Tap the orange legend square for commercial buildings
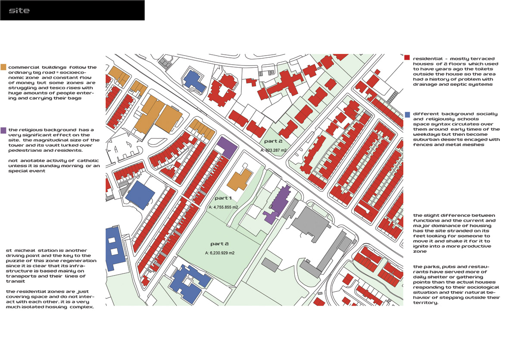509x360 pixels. click(x=3, y=67)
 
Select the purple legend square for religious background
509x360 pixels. click(x=3, y=130)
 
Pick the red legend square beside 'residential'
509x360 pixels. click(x=407, y=58)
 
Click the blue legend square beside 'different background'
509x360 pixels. click(x=407, y=115)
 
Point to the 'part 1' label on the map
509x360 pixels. click(x=223, y=198)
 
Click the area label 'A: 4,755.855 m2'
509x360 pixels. click(x=223, y=207)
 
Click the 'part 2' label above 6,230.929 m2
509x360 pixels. click(x=219, y=244)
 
